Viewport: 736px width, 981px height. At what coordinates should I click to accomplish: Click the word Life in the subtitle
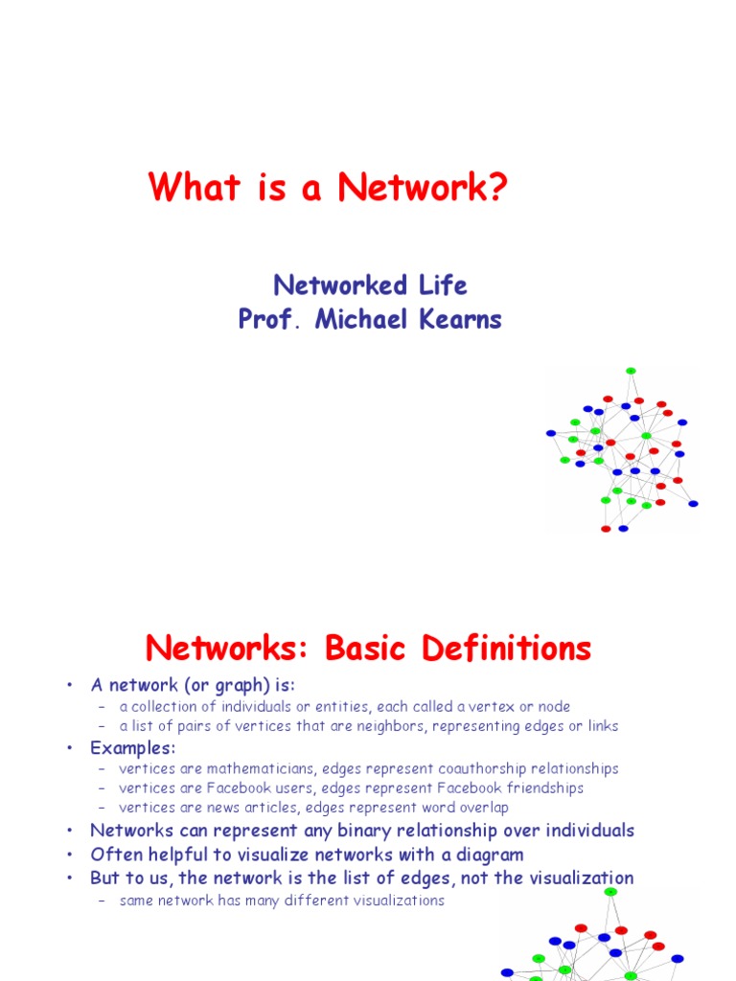coord(443,285)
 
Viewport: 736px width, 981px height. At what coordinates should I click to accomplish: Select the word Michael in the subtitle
coord(365,320)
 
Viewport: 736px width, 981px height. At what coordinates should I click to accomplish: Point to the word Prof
coord(266,320)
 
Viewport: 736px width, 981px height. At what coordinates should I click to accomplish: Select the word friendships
coord(541,787)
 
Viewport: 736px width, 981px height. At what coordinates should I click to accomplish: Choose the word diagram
coord(491,855)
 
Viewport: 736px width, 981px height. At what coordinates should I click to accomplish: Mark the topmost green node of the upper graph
coord(631,371)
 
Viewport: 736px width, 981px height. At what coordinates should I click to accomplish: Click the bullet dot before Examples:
coord(70,747)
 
